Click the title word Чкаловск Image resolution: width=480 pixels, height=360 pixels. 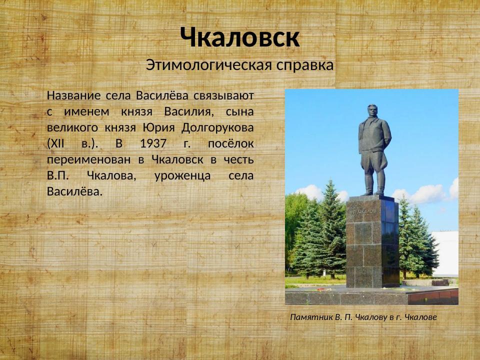tap(240, 37)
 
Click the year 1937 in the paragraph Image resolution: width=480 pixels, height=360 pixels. tap(153, 143)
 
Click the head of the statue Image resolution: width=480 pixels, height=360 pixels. tap(372, 110)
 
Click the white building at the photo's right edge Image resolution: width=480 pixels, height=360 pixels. tap(446, 252)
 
